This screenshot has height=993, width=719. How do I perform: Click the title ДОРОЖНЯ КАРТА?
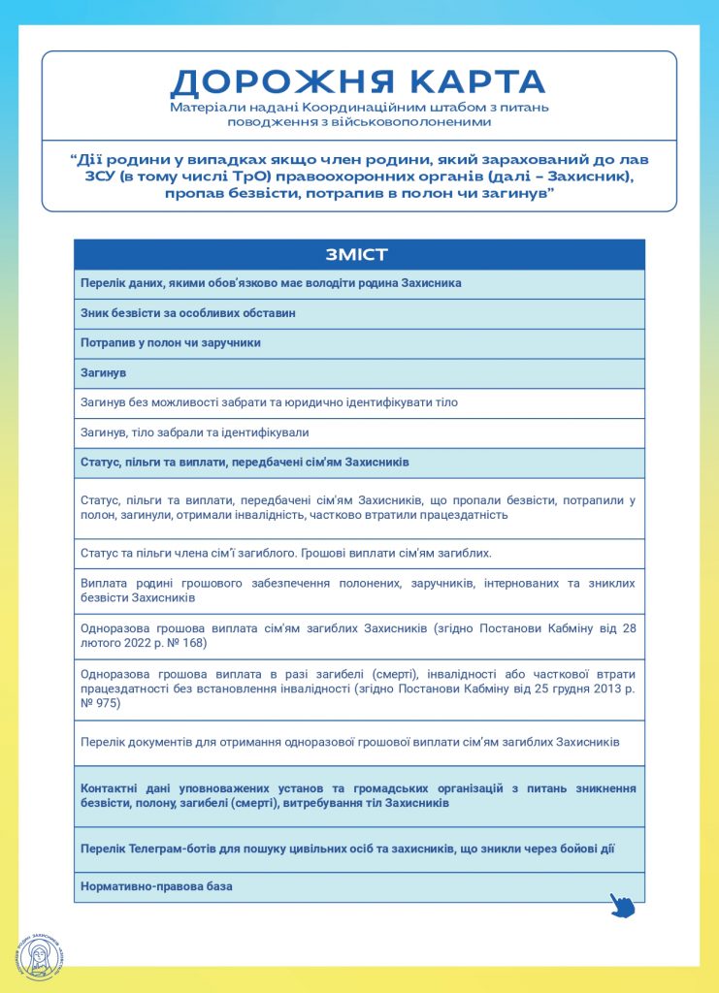(358, 81)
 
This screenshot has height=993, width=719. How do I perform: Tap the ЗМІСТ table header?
(358, 255)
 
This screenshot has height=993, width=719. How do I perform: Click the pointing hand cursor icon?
(622, 905)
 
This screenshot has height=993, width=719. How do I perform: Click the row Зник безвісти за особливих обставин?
(187, 313)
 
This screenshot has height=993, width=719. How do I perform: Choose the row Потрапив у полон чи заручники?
(171, 343)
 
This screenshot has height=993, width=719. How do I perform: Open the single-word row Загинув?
(104, 373)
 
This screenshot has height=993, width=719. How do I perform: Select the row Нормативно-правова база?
(157, 886)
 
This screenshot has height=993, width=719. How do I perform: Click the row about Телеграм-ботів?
(347, 849)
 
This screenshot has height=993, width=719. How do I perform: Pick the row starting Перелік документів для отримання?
(349, 742)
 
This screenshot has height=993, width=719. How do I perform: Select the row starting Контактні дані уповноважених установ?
(358, 795)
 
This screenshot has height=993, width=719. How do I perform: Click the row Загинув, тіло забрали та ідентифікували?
(194, 432)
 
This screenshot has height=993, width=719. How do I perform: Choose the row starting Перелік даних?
(271, 283)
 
